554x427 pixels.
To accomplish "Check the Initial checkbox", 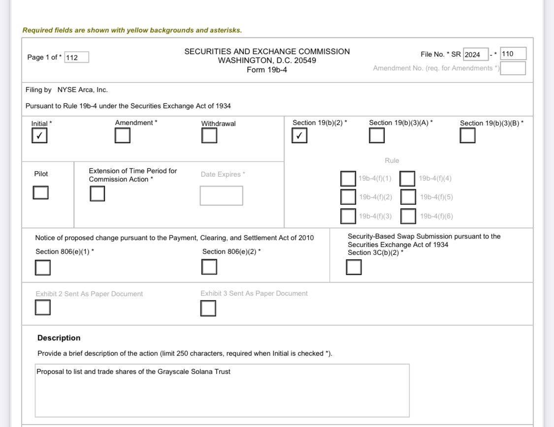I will tap(39, 136).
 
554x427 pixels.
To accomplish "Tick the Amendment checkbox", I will tap(123, 135).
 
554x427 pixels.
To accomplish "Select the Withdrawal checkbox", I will tap(209, 135).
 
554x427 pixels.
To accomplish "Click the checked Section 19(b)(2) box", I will tap(299, 135).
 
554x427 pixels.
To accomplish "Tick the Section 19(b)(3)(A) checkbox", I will tap(377, 135).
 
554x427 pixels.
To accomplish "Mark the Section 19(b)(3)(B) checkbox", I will tap(468, 135).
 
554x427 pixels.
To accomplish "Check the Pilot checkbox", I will tap(41, 193).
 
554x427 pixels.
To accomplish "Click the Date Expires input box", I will tap(221, 195).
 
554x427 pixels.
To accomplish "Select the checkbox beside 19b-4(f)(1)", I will tap(348, 179).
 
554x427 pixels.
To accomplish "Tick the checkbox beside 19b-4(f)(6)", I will tap(408, 216).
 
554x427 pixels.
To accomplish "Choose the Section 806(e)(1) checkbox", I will tap(43, 268).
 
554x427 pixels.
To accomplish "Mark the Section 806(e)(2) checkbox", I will tap(209, 267).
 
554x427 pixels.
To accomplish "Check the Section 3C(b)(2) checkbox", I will tap(354, 267).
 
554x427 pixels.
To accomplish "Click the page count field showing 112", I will tap(77, 58).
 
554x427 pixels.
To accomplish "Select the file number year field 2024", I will tap(475, 54).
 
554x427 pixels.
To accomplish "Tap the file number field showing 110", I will tap(513, 54).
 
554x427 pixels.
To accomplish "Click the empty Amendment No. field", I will tap(513, 68).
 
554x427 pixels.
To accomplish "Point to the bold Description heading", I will tap(59, 338).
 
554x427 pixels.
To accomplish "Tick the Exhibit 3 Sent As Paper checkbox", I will tap(208, 308).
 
